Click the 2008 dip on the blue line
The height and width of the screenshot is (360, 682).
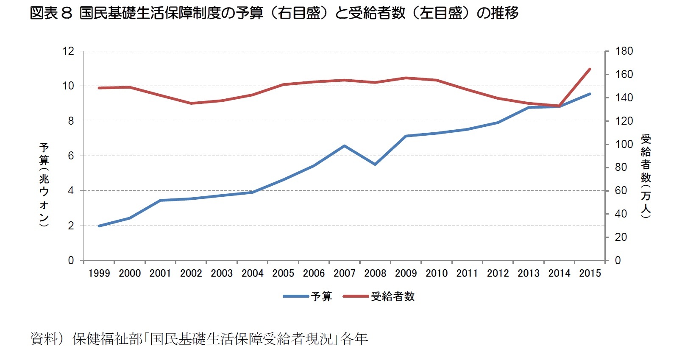375,164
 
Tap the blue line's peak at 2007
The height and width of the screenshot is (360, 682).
344,146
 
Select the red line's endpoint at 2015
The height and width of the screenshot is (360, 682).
590,69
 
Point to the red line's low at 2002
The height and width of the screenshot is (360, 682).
191,103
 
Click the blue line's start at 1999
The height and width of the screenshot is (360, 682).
99,226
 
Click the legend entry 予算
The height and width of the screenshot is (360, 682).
321,296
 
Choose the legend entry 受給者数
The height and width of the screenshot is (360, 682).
392,296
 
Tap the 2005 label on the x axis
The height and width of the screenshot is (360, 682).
283,273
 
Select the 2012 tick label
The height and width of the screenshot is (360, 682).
498,273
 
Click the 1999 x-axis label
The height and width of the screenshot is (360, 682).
99,273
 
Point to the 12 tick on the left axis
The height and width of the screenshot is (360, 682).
68,51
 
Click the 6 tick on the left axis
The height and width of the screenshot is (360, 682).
71,156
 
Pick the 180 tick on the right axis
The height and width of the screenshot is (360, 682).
624,51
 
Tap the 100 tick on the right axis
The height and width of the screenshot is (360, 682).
624,144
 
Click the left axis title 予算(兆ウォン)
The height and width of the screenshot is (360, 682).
44,184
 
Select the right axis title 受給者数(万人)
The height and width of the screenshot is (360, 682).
646,176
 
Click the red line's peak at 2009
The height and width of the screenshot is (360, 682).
406,78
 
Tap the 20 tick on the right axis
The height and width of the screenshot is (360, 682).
621,237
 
